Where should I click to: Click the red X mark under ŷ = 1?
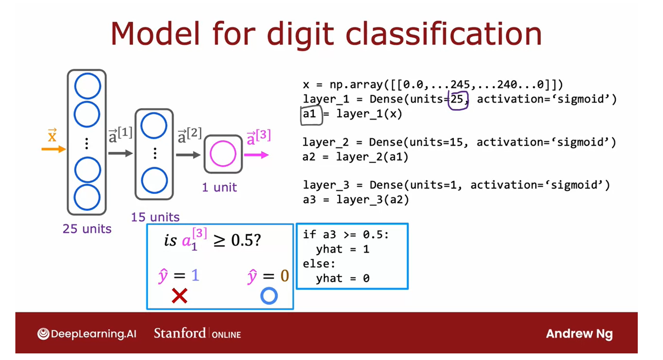179,296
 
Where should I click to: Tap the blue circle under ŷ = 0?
269,296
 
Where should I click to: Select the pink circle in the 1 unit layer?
223,154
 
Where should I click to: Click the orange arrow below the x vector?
54,149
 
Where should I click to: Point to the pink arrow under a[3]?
256,155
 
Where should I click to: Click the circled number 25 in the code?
458,100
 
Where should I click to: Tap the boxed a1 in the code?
310,114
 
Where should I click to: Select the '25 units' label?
87,229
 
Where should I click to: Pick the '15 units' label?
155,217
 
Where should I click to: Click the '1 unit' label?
220,188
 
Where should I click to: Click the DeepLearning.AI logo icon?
43,334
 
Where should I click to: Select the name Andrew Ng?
579,334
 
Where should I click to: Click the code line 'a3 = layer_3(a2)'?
356,200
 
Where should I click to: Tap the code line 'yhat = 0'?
342,278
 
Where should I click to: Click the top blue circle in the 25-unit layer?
87,87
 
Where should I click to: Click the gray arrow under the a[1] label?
121,154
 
